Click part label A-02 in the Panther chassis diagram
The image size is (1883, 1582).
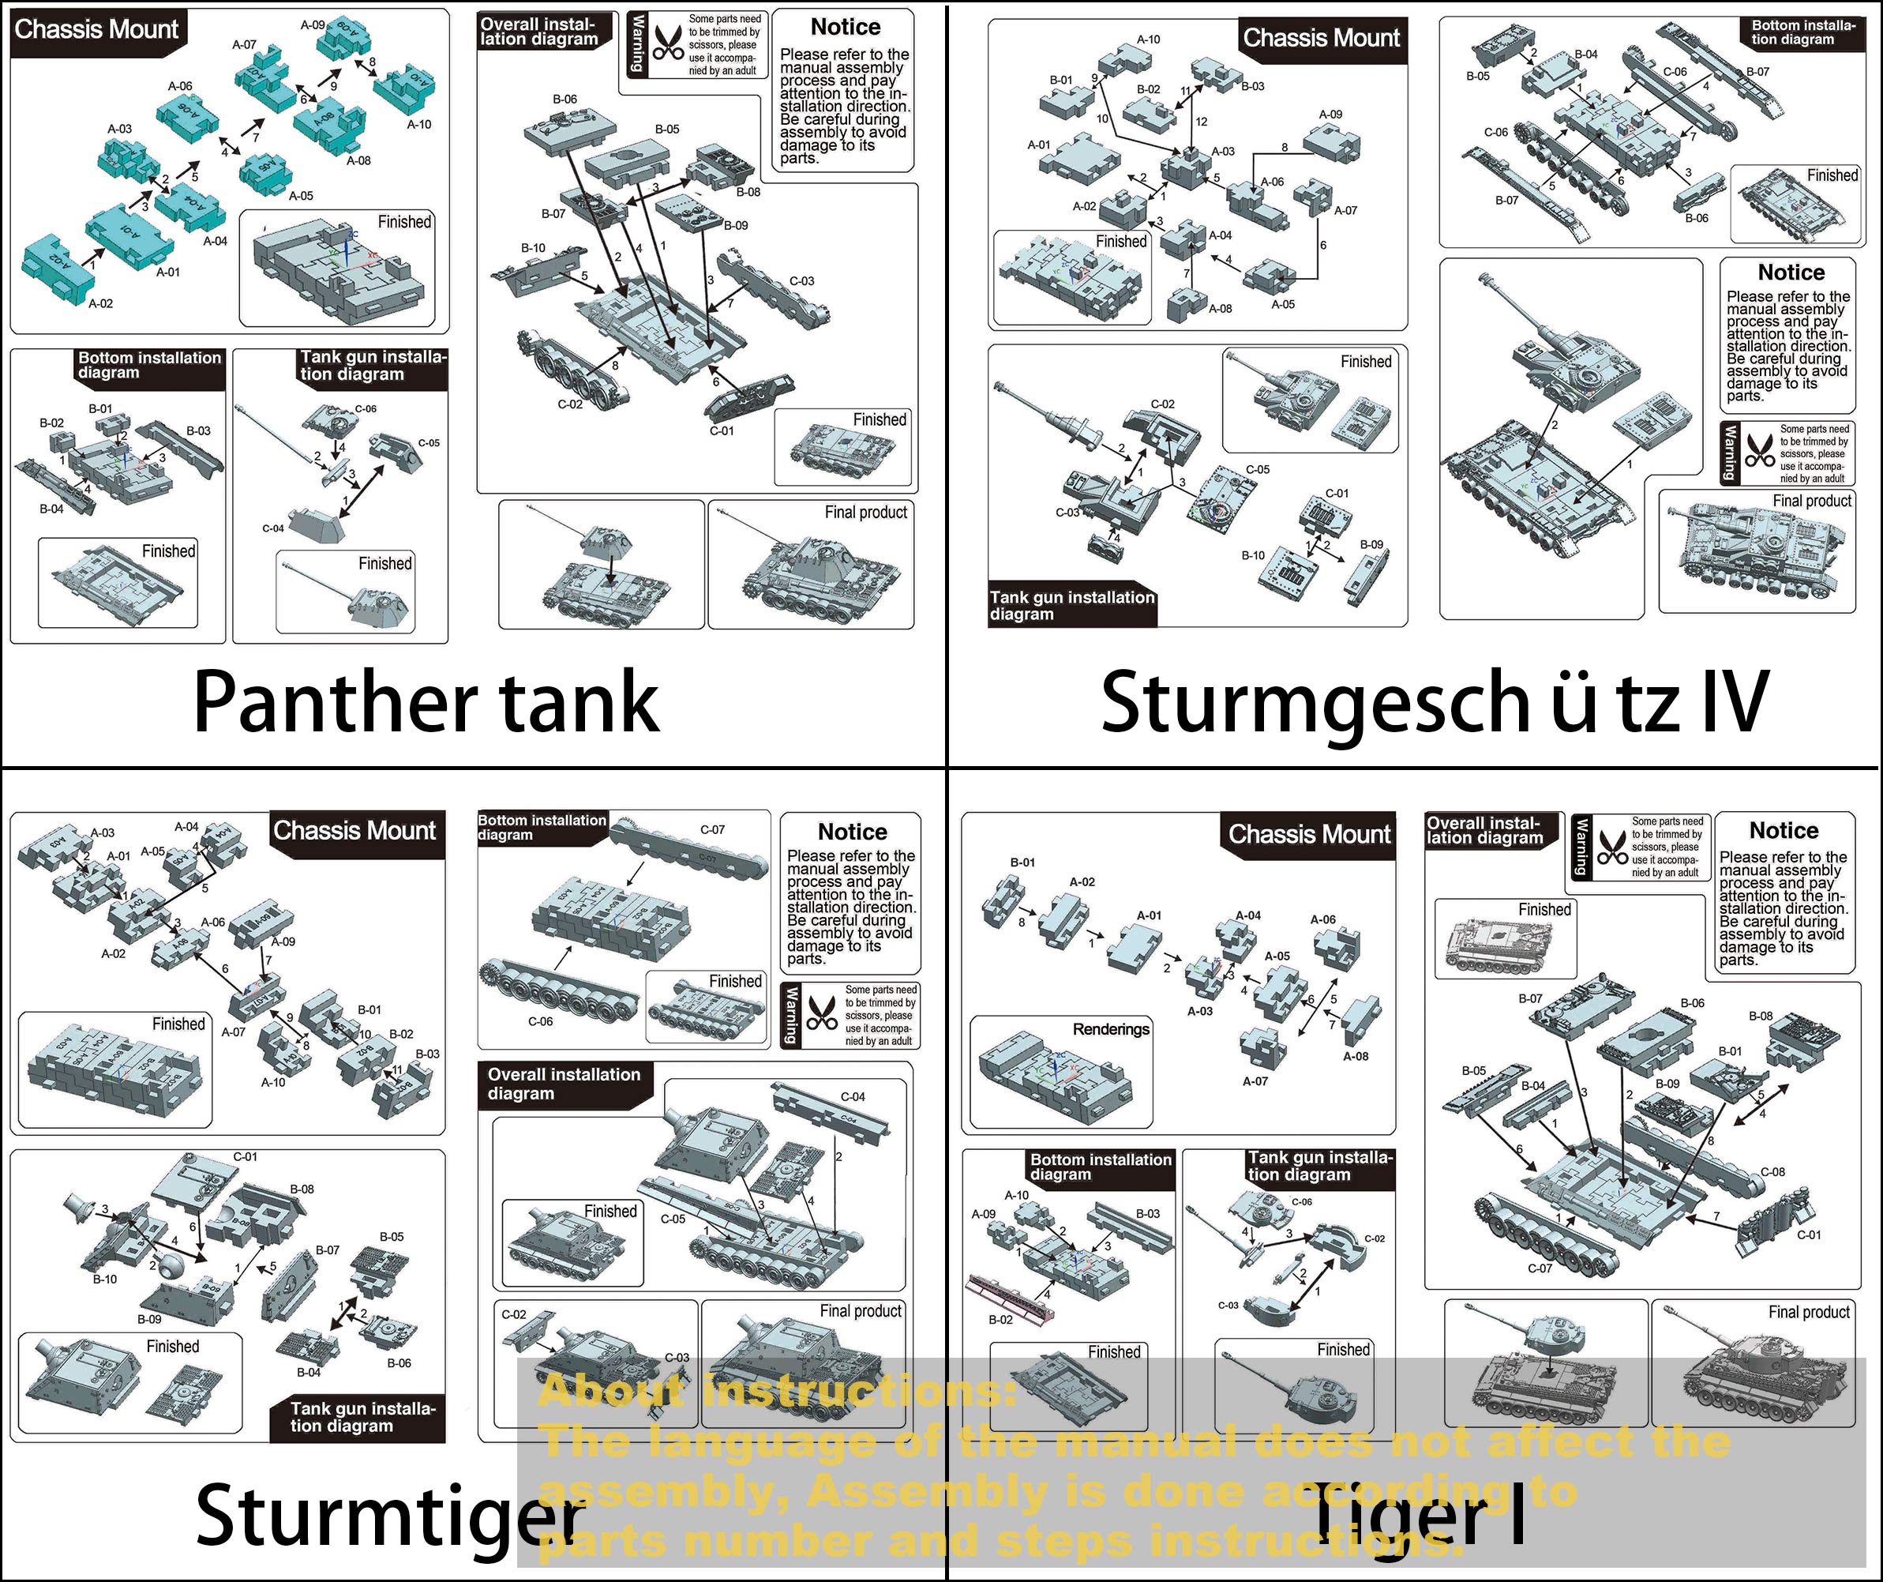(100, 304)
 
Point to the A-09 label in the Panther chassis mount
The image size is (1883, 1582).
(312, 25)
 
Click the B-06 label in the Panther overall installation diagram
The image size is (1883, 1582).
(565, 100)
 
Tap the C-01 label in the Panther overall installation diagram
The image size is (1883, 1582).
(722, 431)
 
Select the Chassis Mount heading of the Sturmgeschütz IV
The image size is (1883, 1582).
(1321, 39)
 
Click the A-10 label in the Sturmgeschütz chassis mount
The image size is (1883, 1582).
(1149, 39)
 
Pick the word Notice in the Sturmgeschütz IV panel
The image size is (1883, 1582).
(1791, 272)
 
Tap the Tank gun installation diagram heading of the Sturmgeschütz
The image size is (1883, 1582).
(1071, 605)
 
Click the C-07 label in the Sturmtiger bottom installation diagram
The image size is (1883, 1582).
(712, 829)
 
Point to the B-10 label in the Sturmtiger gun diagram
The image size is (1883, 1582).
(105, 1280)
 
